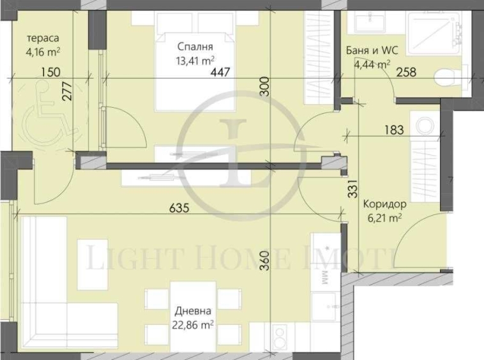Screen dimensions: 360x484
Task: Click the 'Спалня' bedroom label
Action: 196,47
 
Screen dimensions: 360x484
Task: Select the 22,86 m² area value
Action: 193,325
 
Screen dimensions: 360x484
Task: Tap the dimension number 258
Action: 406,71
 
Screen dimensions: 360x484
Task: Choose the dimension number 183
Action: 394,130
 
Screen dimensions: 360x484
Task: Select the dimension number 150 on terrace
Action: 45,71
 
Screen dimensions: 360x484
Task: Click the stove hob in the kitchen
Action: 278,335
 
